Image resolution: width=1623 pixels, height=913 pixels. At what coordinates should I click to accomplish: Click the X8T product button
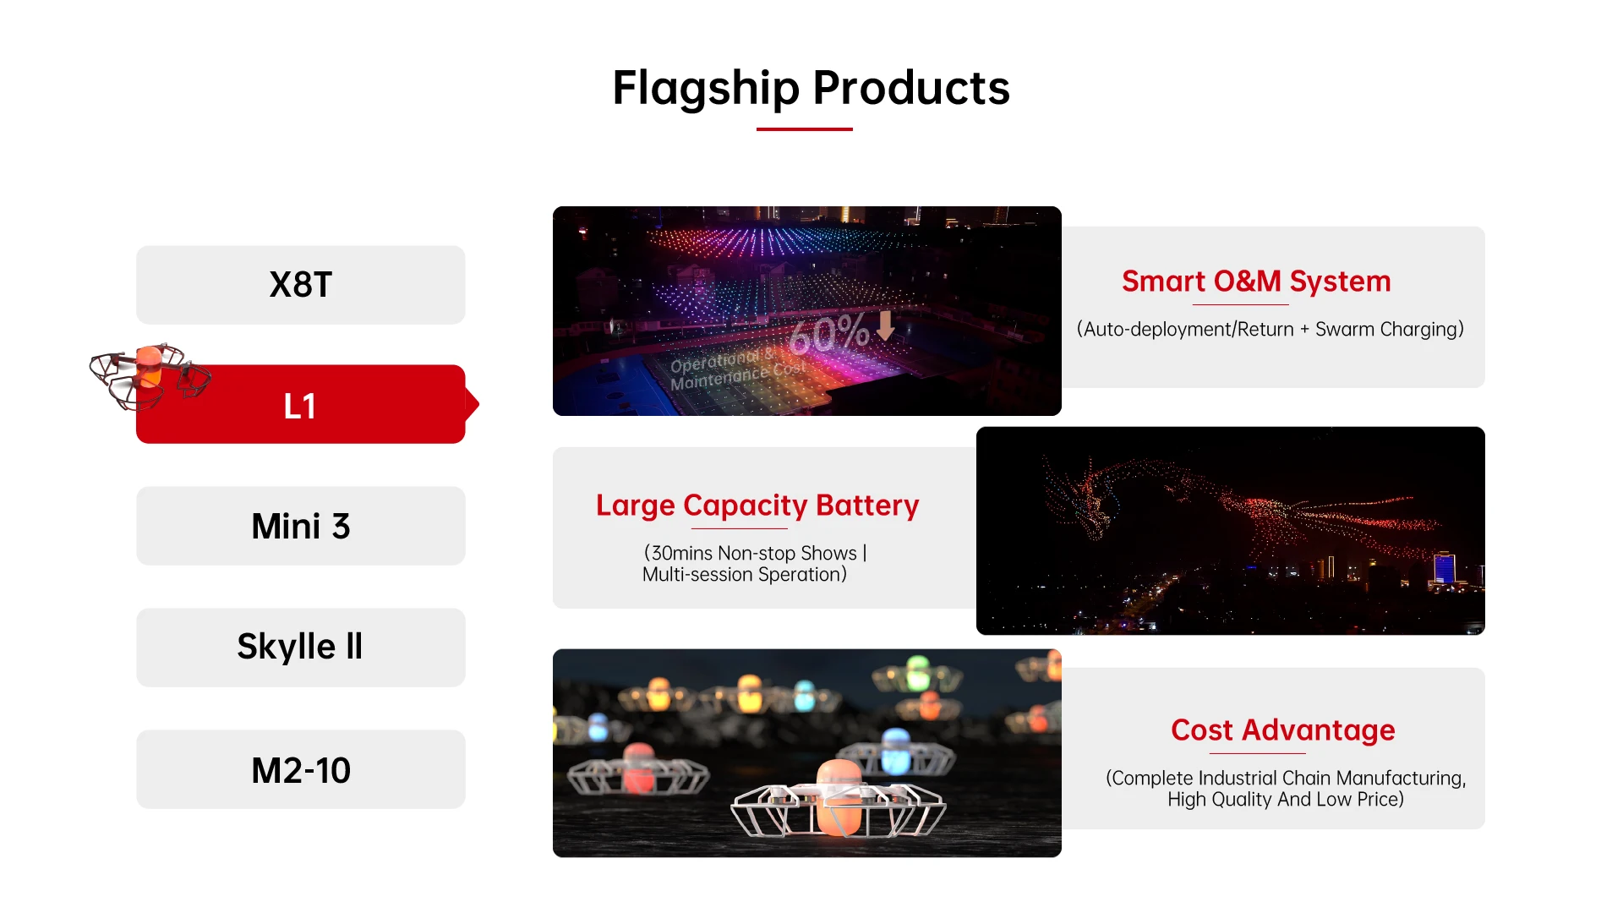pos(300,285)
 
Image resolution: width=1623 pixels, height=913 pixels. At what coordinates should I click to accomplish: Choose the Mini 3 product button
pos(300,526)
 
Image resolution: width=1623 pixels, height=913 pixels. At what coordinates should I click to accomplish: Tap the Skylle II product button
pos(300,648)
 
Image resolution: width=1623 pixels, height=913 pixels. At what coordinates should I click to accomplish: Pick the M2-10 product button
pos(300,769)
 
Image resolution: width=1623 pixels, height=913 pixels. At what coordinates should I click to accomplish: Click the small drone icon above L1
pos(150,375)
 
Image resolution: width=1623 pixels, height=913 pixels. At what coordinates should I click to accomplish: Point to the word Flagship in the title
pos(706,88)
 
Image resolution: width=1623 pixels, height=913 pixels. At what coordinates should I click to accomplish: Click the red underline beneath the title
pos(804,129)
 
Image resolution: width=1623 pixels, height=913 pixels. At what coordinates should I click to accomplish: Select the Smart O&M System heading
pos(1256,282)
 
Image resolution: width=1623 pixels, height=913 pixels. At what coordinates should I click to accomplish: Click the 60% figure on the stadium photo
pos(828,334)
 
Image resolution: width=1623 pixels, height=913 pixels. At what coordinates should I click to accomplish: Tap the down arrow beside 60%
pos(885,325)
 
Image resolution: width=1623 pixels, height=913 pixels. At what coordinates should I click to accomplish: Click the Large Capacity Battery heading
pos(757,505)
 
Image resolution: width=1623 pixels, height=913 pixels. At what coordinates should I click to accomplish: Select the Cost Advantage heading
pos(1283,730)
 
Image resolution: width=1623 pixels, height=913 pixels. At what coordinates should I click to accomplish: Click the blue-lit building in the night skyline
pos(1445,567)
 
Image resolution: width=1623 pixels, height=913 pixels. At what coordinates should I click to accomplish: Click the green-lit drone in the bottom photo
pos(918,675)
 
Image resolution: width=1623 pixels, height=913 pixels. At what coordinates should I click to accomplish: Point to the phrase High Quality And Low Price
pos(1286,800)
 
